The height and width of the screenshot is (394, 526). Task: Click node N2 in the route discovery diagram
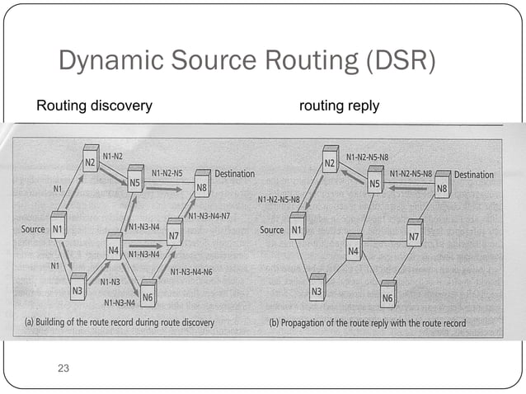(x=91, y=163)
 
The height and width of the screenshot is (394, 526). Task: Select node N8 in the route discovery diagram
(x=200, y=188)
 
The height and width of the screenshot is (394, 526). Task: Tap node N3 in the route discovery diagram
(x=77, y=289)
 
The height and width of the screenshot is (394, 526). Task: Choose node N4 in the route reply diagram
(x=354, y=248)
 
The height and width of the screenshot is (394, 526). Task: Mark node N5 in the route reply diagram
(x=374, y=185)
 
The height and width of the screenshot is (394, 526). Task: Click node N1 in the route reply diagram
(x=297, y=229)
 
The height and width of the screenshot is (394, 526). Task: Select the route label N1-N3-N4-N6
(x=191, y=271)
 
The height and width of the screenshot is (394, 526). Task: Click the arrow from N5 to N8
(x=167, y=188)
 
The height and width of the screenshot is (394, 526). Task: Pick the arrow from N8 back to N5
(x=410, y=187)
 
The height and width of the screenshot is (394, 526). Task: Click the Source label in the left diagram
(x=34, y=229)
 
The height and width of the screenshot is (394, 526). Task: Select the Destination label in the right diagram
(x=473, y=175)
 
